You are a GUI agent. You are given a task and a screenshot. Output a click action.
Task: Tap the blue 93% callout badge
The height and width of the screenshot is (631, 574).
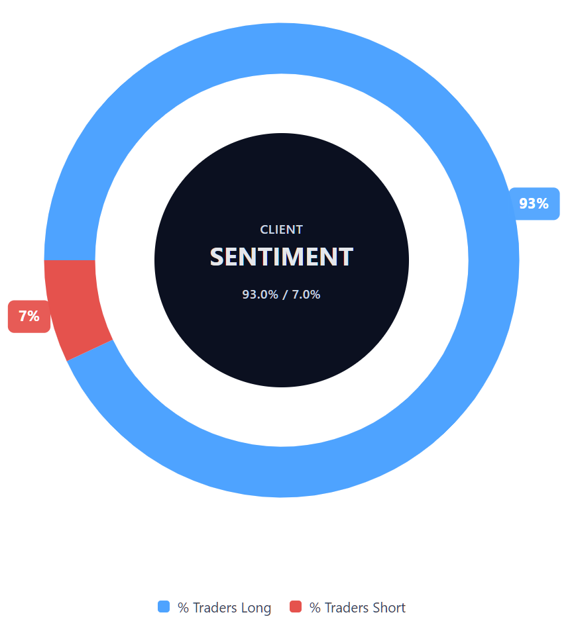coord(534,204)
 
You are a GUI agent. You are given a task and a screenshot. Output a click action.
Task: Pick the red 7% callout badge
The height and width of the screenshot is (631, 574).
coord(29,316)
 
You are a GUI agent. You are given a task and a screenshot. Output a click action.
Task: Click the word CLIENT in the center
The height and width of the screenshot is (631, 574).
coord(281,230)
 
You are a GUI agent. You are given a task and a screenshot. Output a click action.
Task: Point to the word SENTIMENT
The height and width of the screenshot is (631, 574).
coord(281,257)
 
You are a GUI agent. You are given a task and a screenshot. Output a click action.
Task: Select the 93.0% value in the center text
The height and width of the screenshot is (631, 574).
coord(260,295)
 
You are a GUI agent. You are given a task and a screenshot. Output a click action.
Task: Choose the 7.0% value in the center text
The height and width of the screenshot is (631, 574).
coord(306,295)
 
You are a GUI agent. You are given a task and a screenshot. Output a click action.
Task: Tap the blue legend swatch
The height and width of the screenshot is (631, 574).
coord(164,607)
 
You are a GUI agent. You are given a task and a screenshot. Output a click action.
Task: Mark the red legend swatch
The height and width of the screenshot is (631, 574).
coord(296,607)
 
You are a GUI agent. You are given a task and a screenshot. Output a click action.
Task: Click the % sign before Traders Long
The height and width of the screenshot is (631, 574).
coord(182,608)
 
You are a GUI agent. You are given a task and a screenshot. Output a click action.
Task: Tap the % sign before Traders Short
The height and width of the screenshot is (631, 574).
coord(315,608)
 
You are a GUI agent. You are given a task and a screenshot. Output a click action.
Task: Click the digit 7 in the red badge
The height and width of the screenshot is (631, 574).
coord(23,316)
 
